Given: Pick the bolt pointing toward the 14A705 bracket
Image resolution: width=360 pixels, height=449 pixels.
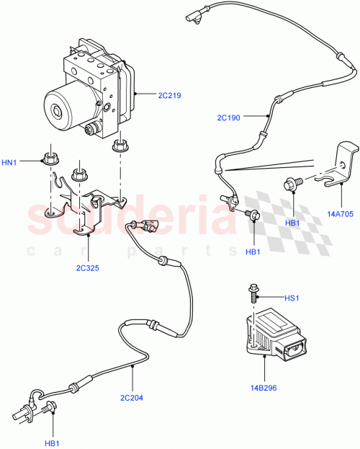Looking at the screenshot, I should click(x=292, y=184).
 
